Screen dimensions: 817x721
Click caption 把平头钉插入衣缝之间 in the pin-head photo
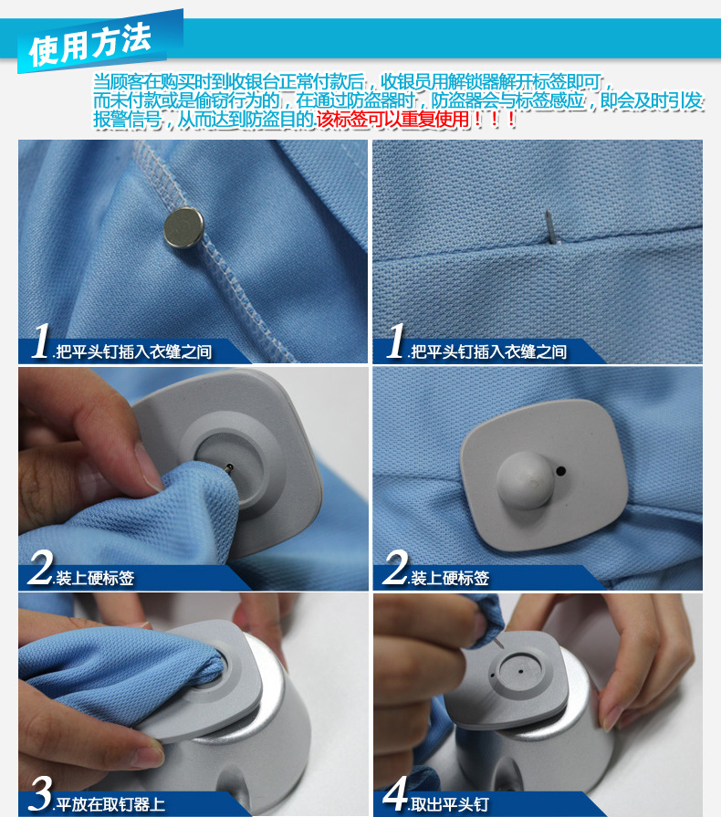pos(133,351)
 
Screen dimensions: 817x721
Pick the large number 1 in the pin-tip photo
pos(394,343)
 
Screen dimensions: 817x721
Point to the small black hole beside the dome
pos(560,471)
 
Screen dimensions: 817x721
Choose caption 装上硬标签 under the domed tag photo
pos(449,579)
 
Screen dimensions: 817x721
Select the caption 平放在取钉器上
pos(113,804)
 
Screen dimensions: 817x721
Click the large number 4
pos(394,794)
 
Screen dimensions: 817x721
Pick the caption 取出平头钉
pos(449,804)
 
